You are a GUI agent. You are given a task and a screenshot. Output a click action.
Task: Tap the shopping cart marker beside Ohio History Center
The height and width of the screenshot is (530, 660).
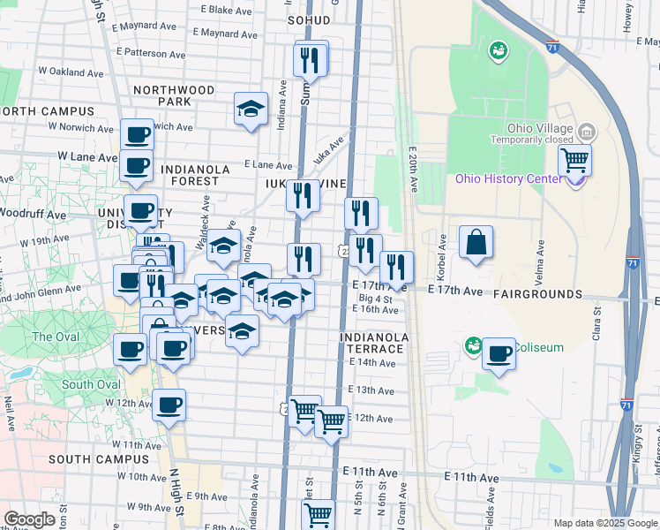(574, 161)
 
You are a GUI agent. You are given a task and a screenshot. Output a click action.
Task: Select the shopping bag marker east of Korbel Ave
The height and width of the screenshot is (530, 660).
(476, 242)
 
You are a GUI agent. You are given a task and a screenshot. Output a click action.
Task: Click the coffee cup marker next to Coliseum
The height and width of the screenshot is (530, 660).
(499, 354)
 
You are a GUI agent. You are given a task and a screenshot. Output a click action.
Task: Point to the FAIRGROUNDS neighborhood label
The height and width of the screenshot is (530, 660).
(538, 293)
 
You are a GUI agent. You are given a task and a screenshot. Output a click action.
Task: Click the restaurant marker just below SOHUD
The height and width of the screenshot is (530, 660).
(310, 59)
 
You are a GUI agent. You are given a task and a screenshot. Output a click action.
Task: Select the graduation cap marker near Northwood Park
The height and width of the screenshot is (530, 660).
(251, 110)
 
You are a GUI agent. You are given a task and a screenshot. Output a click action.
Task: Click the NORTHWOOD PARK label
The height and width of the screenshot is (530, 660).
(174, 95)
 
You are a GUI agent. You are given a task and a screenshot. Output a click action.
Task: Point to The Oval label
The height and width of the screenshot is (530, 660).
(55, 337)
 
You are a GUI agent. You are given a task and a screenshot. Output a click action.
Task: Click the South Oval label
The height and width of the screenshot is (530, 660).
(91, 384)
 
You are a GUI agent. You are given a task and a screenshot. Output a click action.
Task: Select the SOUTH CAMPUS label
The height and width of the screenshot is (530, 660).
(99, 459)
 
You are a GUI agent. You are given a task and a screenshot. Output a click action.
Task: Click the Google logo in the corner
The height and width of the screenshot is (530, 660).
(29, 519)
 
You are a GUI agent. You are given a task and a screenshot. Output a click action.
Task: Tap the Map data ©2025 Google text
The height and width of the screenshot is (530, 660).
(605, 523)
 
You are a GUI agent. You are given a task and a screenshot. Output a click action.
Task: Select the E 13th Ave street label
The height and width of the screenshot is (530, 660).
(371, 390)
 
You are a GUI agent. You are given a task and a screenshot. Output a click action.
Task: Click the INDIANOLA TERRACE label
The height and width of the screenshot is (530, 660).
(375, 343)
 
